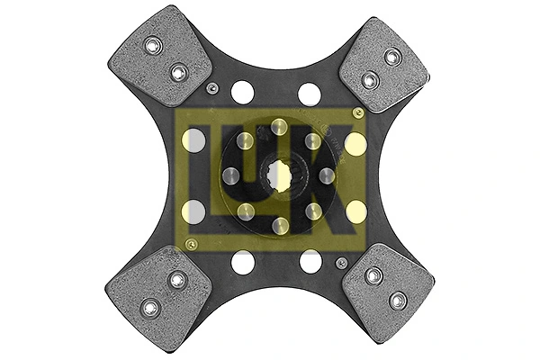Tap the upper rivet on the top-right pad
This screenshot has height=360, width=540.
click(x=392, y=57)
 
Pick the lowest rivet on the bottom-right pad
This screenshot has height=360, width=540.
click(x=398, y=299)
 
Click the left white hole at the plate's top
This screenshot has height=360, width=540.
click(x=242, y=92)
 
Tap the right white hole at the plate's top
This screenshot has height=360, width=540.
click(x=310, y=93)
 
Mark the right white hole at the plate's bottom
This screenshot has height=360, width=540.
click(x=310, y=262)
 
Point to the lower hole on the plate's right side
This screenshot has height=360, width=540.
click(x=356, y=211)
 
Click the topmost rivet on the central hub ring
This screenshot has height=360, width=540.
click(x=279, y=126)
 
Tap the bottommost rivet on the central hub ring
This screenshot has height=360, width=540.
click(x=279, y=224)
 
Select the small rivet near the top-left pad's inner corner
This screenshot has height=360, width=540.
click(x=211, y=88)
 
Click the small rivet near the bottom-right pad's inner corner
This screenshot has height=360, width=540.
click(x=341, y=262)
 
